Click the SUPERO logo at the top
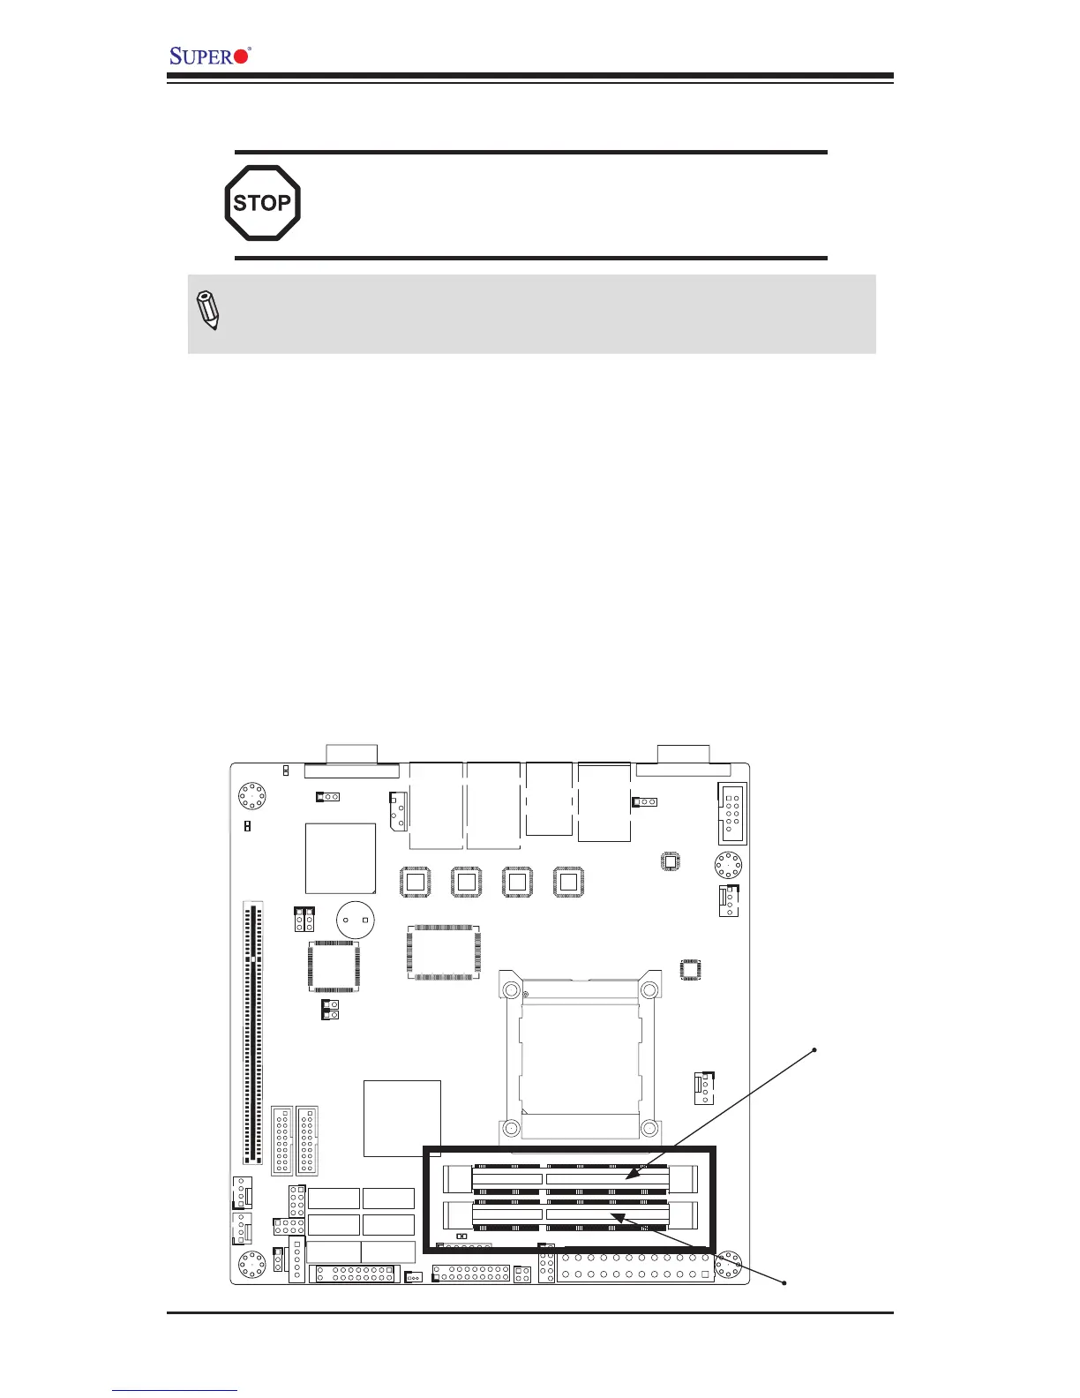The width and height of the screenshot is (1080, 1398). (210, 56)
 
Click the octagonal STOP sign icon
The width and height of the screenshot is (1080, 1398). (262, 203)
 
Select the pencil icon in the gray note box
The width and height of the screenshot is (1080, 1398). (208, 311)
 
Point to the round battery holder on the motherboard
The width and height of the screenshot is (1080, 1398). (356, 920)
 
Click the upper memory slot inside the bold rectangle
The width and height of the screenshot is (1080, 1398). (570, 1178)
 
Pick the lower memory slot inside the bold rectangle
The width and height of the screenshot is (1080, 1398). (570, 1215)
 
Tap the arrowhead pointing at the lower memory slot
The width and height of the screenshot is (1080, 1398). (618, 1217)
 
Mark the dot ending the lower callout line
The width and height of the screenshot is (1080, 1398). (784, 1282)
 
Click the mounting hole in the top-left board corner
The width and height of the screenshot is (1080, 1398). (252, 795)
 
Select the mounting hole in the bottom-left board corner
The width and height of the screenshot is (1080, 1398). (252, 1265)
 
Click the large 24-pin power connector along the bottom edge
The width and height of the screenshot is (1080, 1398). (634, 1266)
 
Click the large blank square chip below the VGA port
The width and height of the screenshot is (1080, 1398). (340, 859)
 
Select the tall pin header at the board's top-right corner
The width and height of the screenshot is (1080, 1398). (731, 813)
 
